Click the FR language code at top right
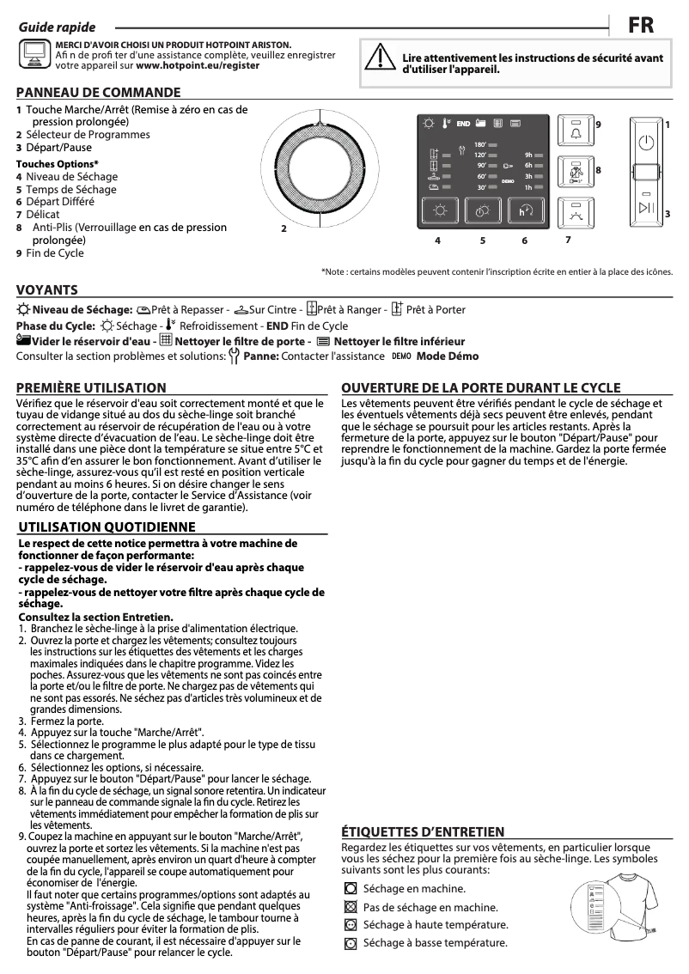point(641,26)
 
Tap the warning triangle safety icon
point(376,57)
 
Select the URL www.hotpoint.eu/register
point(198,65)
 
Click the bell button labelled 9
point(575,131)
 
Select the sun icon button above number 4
point(439,211)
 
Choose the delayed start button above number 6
point(526,211)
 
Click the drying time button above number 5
point(482,211)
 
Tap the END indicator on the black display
point(463,124)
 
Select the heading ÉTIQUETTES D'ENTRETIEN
point(423,831)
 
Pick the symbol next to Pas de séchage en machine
point(350,907)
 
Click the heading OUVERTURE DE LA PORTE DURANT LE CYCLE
point(480,387)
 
